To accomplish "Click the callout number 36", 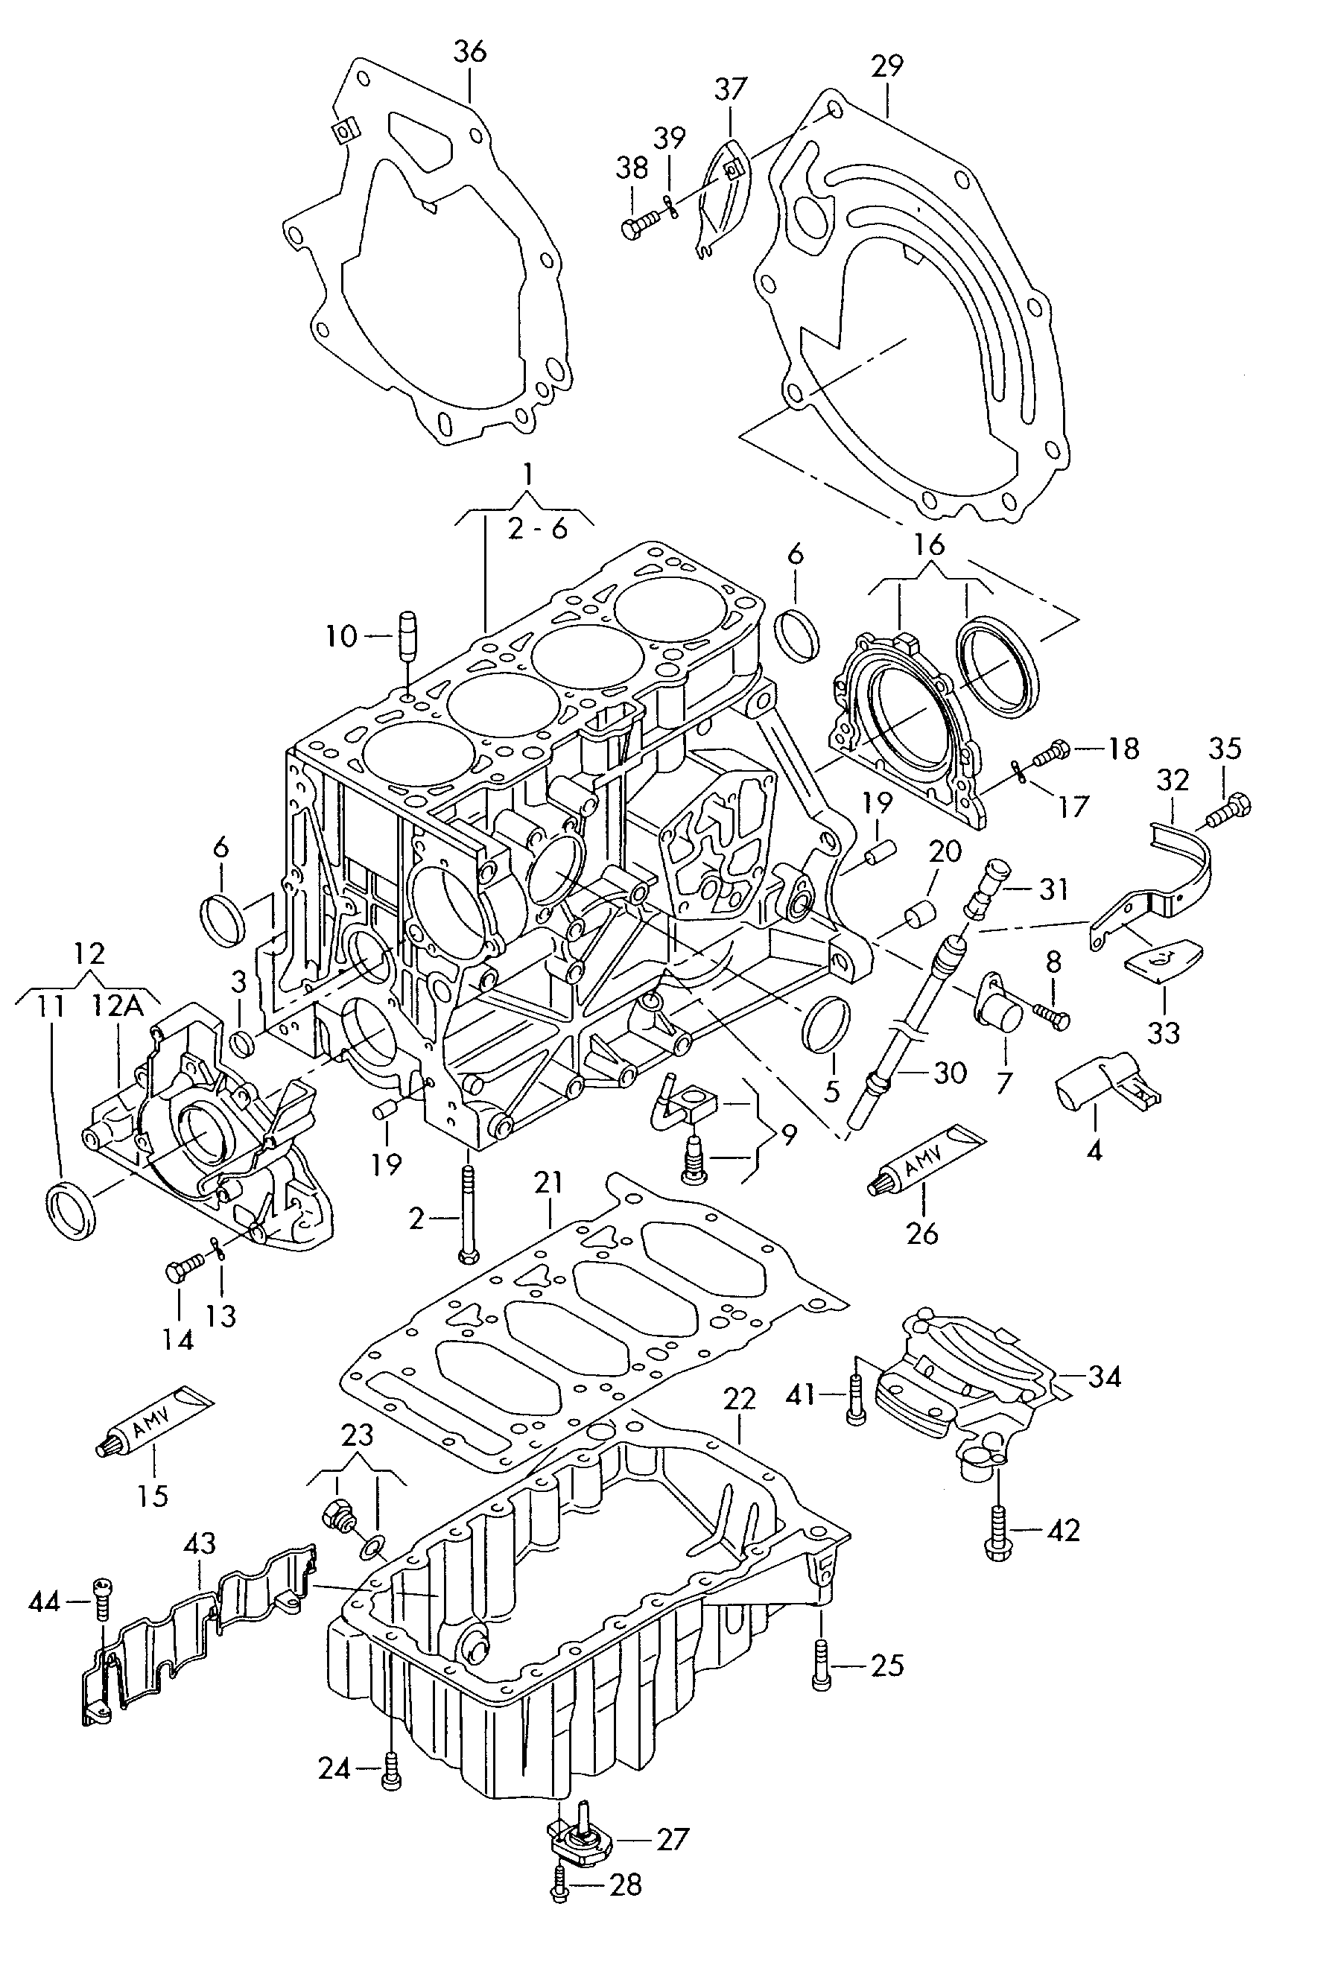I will click(470, 52).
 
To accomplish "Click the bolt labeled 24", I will click(392, 1770).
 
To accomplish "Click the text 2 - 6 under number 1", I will click(538, 530).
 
